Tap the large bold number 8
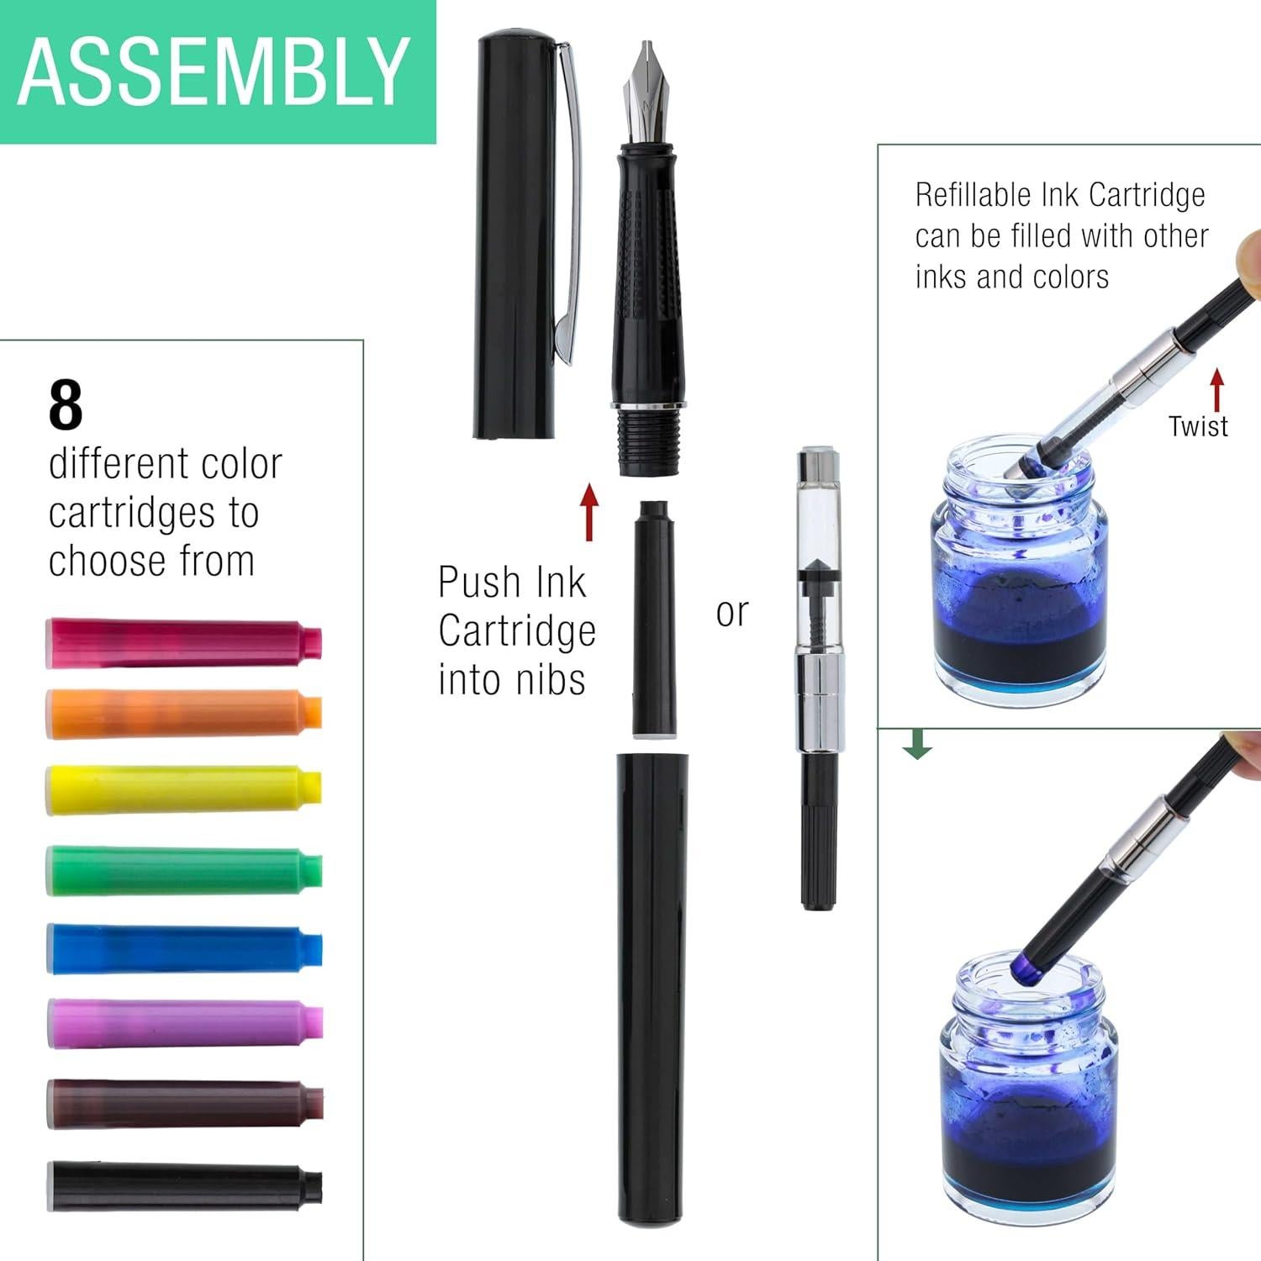tap(66, 406)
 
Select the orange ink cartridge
tap(183, 713)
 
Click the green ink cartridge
tap(183, 869)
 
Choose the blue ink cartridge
tap(183, 948)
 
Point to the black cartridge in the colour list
tap(183, 1184)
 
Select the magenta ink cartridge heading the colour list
tap(183, 642)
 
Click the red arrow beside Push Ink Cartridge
tap(589, 511)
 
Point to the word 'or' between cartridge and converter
tap(731, 612)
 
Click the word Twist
tap(1198, 426)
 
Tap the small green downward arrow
tap(917, 743)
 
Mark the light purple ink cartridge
tap(183, 1024)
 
